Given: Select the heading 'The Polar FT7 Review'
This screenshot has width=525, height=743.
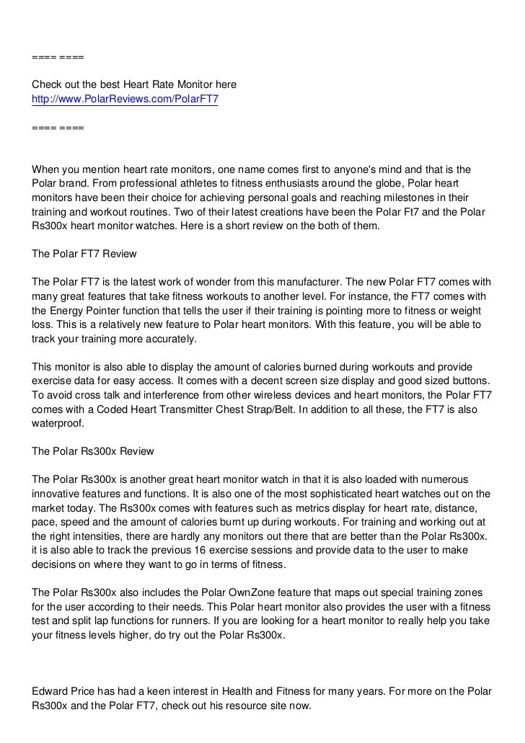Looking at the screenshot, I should click(x=84, y=254).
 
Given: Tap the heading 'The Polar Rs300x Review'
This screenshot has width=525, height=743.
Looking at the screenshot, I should click(x=93, y=451).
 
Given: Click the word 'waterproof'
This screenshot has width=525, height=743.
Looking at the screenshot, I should click(x=58, y=423).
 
